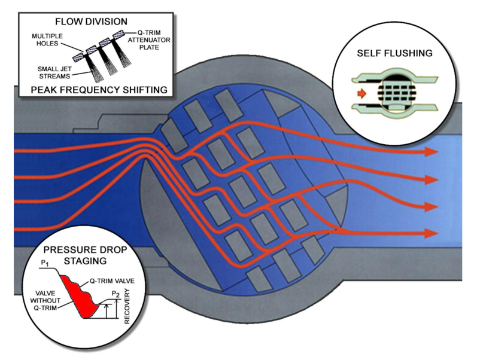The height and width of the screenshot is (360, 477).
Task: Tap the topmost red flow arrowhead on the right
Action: point(432,151)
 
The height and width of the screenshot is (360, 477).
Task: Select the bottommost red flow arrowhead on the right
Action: point(432,233)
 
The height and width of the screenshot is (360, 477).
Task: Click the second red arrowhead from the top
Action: point(432,179)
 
